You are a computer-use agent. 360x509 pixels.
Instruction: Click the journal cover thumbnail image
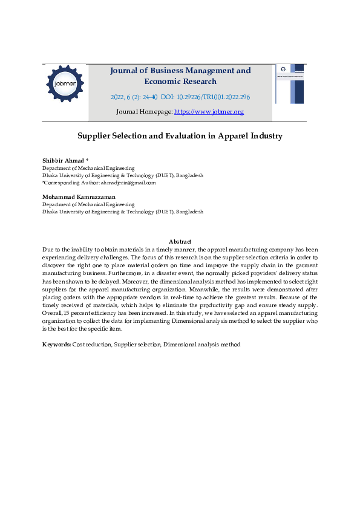click(x=290, y=84)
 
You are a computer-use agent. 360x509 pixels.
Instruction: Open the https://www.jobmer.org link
click(x=209, y=112)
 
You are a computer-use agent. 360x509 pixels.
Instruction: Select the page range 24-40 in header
click(x=149, y=97)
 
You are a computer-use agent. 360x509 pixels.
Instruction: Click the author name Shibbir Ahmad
click(x=63, y=160)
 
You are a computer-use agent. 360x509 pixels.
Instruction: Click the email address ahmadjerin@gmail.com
click(x=128, y=183)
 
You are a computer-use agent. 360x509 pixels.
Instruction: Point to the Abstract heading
click(x=180, y=241)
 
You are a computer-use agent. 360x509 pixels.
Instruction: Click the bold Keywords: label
click(x=56, y=344)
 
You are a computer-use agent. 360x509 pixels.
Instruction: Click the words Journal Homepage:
click(x=144, y=112)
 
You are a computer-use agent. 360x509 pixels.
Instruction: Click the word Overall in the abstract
click(x=52, y=313)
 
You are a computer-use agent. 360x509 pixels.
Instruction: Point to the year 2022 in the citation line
click(x=117, y=97)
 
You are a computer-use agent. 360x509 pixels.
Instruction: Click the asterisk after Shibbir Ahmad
click(x=87, y=160)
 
